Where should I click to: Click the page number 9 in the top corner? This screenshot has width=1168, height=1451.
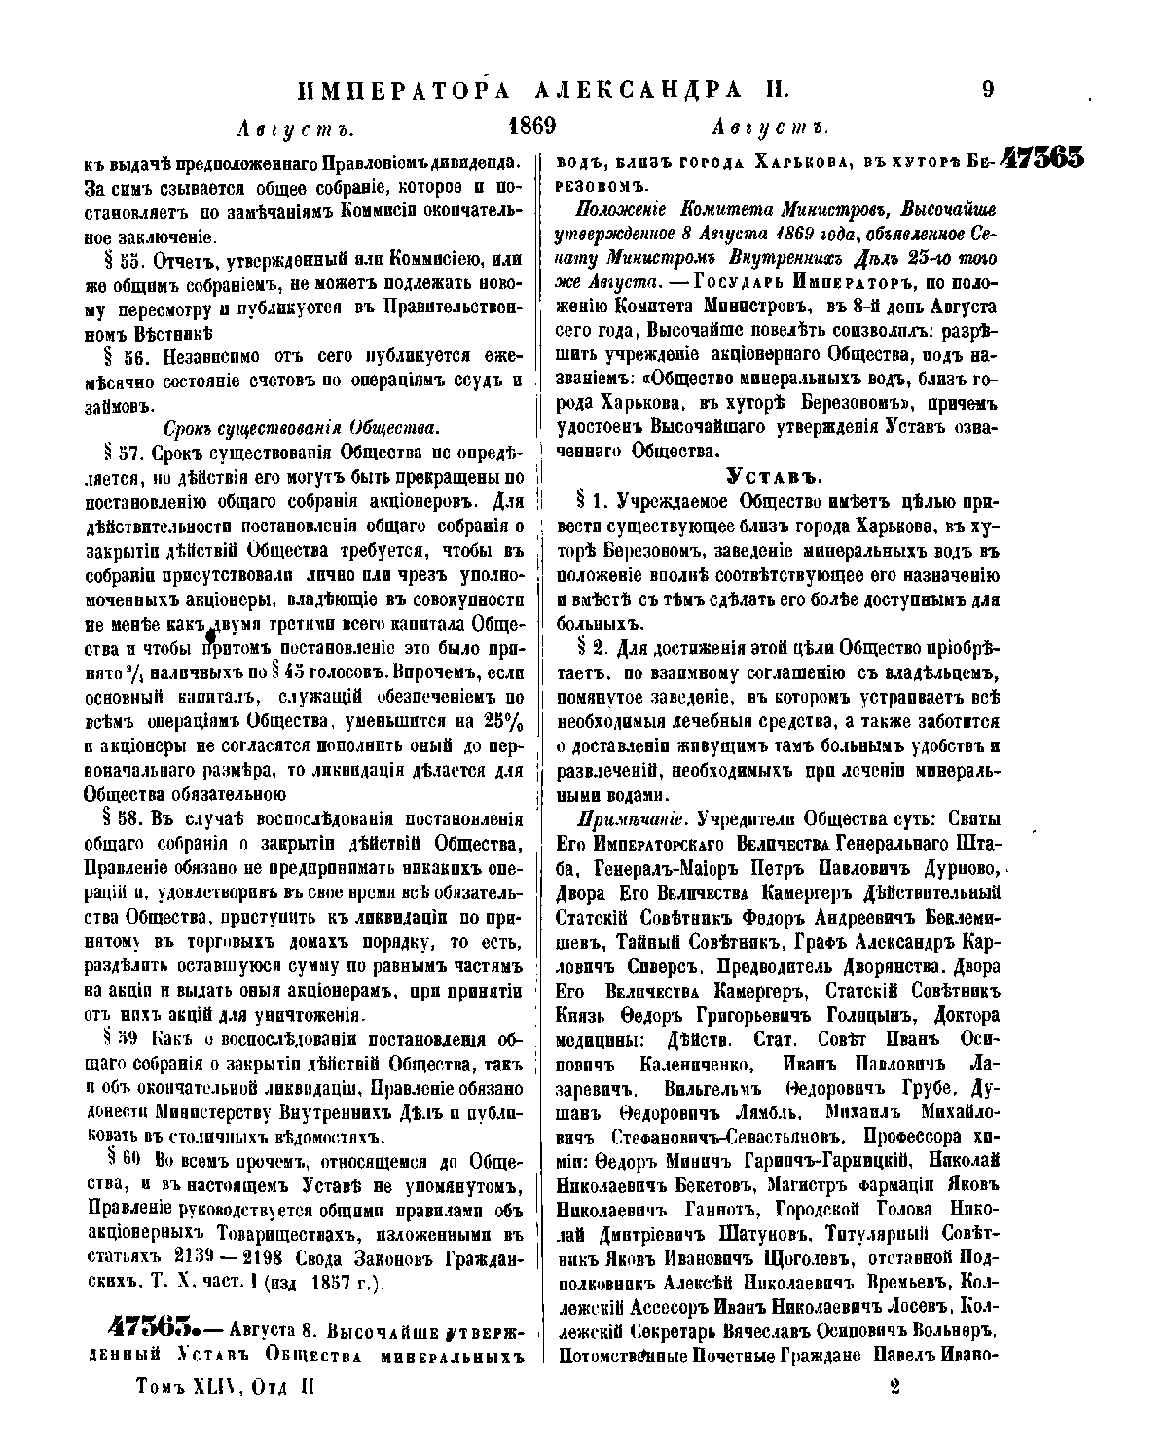(x=988, y=91)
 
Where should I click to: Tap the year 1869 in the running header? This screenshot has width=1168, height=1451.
(x=532, y=127)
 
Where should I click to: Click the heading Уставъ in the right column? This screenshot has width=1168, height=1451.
(x=776, y=476)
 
